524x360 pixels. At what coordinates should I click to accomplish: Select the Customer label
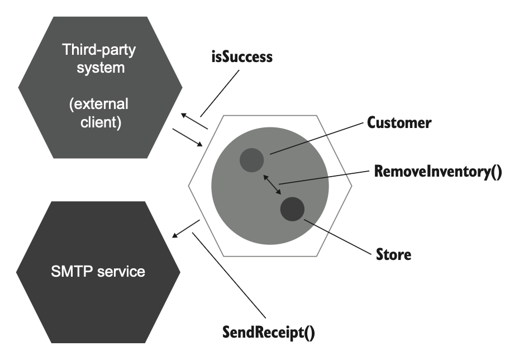click(399, 123)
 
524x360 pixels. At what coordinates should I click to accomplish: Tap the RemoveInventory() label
click(438, 170)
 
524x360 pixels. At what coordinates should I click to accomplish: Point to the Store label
click(394, 255)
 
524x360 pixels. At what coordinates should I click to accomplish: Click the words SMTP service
click(98, 272)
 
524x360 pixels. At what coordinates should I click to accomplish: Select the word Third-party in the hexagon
click(99, 50)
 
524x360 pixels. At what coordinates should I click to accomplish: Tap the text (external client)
click(99, 113)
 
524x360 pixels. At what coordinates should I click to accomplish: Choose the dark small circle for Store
click(292, 209)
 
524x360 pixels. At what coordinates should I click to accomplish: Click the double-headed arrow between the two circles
click(272, 184)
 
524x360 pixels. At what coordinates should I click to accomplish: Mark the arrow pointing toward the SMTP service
click(185, 228)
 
